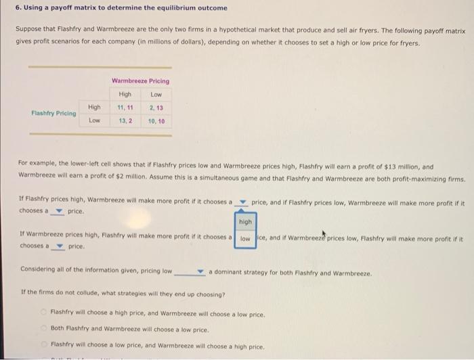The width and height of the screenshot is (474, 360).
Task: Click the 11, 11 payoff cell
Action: point(124,108)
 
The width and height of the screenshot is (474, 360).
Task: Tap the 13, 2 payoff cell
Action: point(124,121)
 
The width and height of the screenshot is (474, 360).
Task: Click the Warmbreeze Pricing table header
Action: point(140,81)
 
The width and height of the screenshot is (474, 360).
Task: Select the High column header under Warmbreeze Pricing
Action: point(124,94)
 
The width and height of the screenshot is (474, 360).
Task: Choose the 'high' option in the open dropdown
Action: point(245,221)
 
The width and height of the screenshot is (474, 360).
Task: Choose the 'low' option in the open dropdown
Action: point(245,238)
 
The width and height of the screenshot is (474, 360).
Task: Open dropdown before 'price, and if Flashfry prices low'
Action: point(241,202)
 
